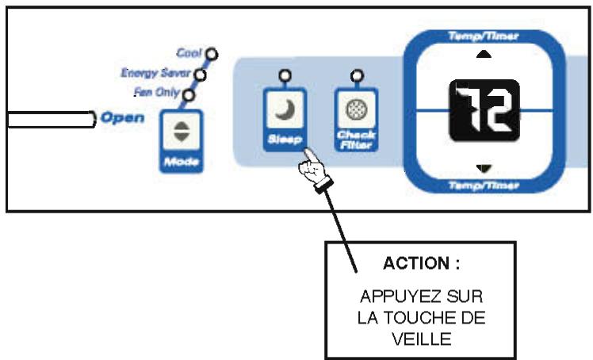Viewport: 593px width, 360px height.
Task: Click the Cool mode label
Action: (x=189, y=54)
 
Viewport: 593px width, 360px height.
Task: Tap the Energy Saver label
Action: (x=155, y=74)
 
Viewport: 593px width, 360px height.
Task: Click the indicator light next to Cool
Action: (x=211, y=56)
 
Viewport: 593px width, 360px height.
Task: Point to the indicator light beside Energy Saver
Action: (x=200, y=75)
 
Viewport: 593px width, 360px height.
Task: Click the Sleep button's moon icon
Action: (x=284, y=113)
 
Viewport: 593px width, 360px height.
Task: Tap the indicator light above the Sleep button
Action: (x=284, y=76)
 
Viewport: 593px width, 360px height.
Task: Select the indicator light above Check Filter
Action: (x=356, y=76)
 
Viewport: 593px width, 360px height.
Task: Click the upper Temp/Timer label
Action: (x=484, y=35)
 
